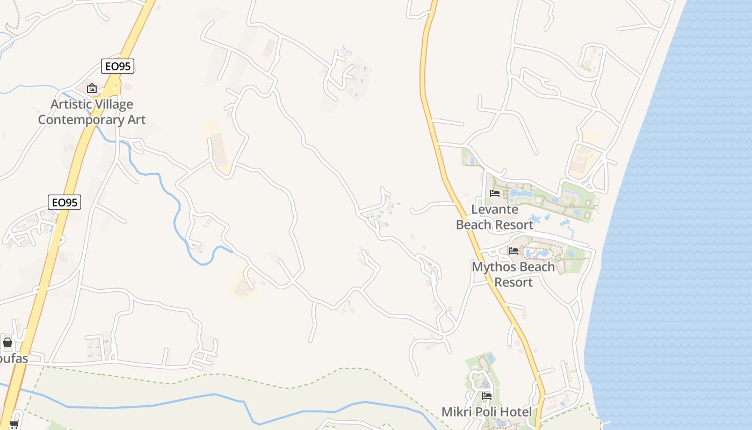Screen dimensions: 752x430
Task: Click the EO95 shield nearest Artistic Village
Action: click(118, 66)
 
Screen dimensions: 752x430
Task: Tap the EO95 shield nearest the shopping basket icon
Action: click(64, 202)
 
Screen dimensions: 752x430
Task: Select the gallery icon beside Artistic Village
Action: click(92, 88)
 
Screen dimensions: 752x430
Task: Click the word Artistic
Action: click(72, 104)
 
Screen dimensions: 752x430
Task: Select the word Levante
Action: click(495, 209)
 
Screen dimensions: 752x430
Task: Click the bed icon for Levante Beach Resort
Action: click(495, 193)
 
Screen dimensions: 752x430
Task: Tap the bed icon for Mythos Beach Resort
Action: click(514, 250)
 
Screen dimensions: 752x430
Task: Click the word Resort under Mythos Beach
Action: click(513, 282)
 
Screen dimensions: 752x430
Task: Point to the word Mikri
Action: click(457, 412)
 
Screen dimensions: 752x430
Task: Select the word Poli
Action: click(487, 412)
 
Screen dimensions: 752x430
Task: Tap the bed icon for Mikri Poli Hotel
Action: click(487, 396)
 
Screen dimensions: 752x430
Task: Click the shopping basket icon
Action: click(8, 342)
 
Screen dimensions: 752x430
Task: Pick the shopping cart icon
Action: click(14, 425)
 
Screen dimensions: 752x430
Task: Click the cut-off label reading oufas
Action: click(13, 359)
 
